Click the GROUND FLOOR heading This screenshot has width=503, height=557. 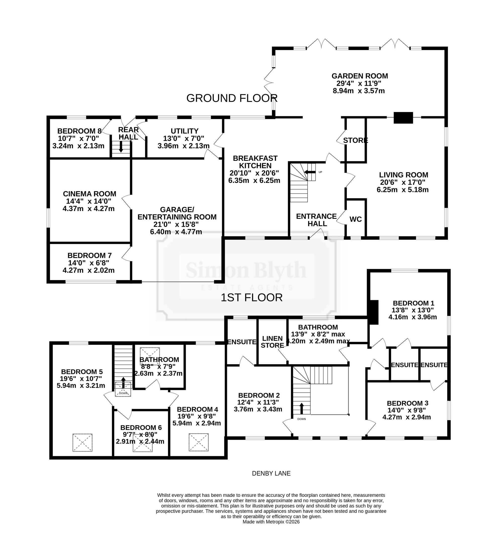click(232, 98)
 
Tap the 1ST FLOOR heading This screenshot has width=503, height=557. click(252, 298)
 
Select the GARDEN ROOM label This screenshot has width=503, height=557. click(360, 76)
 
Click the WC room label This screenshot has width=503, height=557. click(356, 219)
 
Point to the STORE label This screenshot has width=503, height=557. click(356, 140)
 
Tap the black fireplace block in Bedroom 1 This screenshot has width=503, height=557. click(374, 312)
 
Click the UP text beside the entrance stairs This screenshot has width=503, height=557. click(320, 172)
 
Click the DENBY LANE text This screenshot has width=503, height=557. click(271, 473)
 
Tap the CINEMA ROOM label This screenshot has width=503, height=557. click(90, 194)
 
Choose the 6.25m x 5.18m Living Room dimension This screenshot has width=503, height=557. click(402, 190)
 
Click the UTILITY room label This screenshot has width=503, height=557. click(185, 131)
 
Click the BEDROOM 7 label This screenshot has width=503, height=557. click(90, 255)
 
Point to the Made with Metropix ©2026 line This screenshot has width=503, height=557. click(271, 522)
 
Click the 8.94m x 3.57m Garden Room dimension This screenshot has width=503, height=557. click(359, 91)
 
